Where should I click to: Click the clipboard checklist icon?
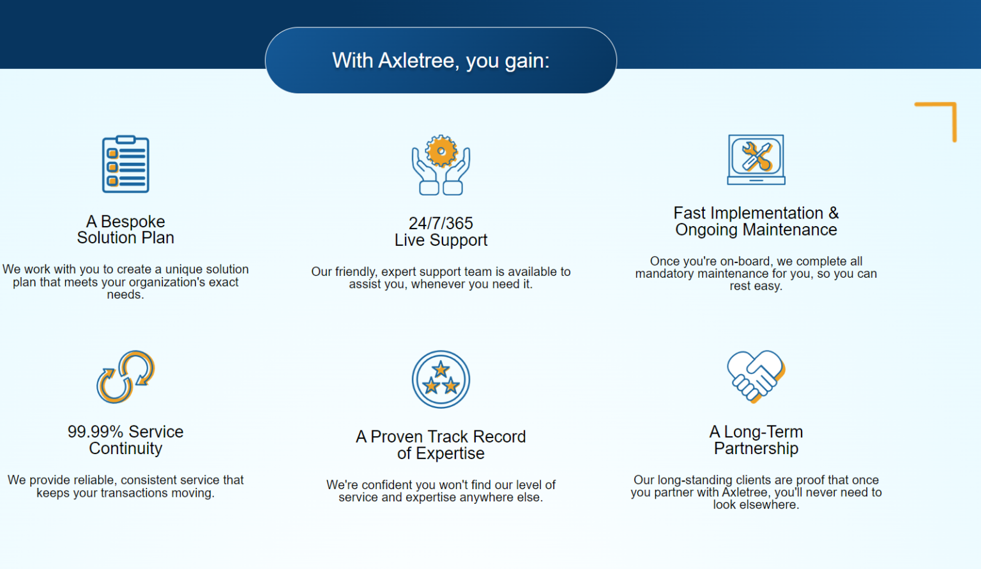pyautogui.click(x=126, y=164)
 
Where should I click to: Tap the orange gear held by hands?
pyautogui.click(x=441, y=151)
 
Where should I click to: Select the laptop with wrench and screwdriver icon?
pyautogui.click(x=756, y=160)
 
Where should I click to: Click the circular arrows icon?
pyautogui.click(x=126, y=377)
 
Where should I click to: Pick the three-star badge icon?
pyautogui.click(x=441, y=379)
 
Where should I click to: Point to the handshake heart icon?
pyautogui.click(x=756, y=376)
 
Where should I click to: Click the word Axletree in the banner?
pyautogui.click(x=416, y=61)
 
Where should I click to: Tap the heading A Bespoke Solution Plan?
pyautogui.click(x=126, y=229)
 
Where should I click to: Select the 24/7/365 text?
pyautogui.click(x=441, y=224)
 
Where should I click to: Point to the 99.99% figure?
pyautogui.click(x=95, y=432)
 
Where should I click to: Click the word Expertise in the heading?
pyautogui.click(x=450, y=453)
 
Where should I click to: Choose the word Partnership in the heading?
pyautogui.click(x=756, y=448)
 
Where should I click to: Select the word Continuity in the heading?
pyautogui.click(x=126, y=448)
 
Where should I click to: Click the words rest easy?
pyautogui.click(x=756, y=286)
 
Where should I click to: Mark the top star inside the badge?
pyautogui.click(x=441, y=370)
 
